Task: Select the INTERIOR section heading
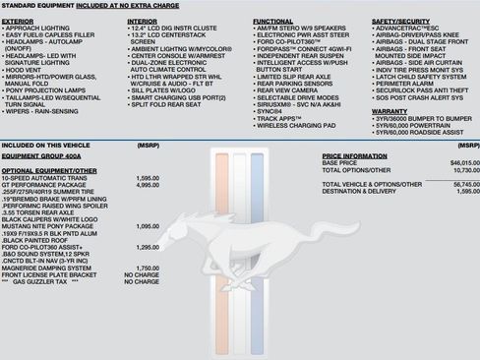(x=142, y=21)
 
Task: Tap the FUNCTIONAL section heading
(x=272, y=21)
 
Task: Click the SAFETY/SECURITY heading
(x=399, y=21)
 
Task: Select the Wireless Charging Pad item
(x=295, y=126)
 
